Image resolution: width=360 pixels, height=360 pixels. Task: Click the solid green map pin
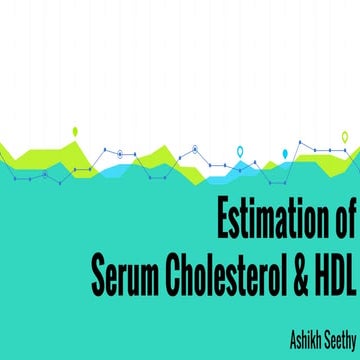(x=75, y=131)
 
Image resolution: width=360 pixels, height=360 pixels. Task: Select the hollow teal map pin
(x=240, y=152)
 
